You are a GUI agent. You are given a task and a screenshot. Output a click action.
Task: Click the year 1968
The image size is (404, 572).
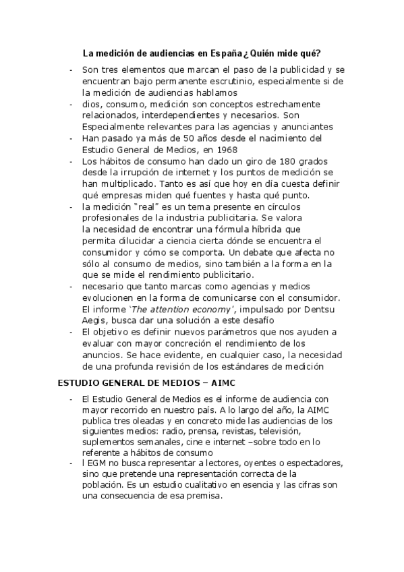coord(225,150)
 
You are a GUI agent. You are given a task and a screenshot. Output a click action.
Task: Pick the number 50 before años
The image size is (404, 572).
coord(162,138)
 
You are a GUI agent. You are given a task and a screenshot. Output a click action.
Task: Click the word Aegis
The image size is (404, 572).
coord(94,320)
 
